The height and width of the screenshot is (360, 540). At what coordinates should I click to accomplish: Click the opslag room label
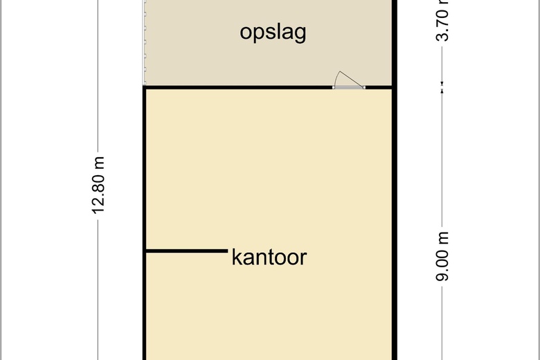[273, 33]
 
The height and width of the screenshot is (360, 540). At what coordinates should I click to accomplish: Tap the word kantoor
[269, 257]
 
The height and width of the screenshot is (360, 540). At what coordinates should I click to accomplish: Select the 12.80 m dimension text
[98, 186]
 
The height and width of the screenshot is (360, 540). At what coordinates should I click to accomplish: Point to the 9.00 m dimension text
[442, 257]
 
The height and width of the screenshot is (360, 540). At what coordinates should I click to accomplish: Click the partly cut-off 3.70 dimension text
[442, 21]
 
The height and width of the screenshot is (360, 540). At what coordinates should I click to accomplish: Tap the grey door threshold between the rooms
[349, 87]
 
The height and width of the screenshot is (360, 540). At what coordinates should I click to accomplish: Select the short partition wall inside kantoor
[187, 251]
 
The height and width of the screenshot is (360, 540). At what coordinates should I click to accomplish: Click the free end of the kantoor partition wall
[228, 251]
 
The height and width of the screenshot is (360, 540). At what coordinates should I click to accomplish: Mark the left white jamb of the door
[334, 87]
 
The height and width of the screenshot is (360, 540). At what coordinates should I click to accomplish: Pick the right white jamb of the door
[364, 87]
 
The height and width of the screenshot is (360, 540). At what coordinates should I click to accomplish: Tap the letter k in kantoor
[237, 257]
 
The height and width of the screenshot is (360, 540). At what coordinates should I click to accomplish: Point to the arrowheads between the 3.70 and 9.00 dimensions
[442, 87]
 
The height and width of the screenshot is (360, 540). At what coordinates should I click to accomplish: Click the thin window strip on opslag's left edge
[145, 42]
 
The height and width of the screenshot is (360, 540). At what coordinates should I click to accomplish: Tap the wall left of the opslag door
[237, 87]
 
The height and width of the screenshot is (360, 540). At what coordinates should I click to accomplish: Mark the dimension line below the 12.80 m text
[98, 289]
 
